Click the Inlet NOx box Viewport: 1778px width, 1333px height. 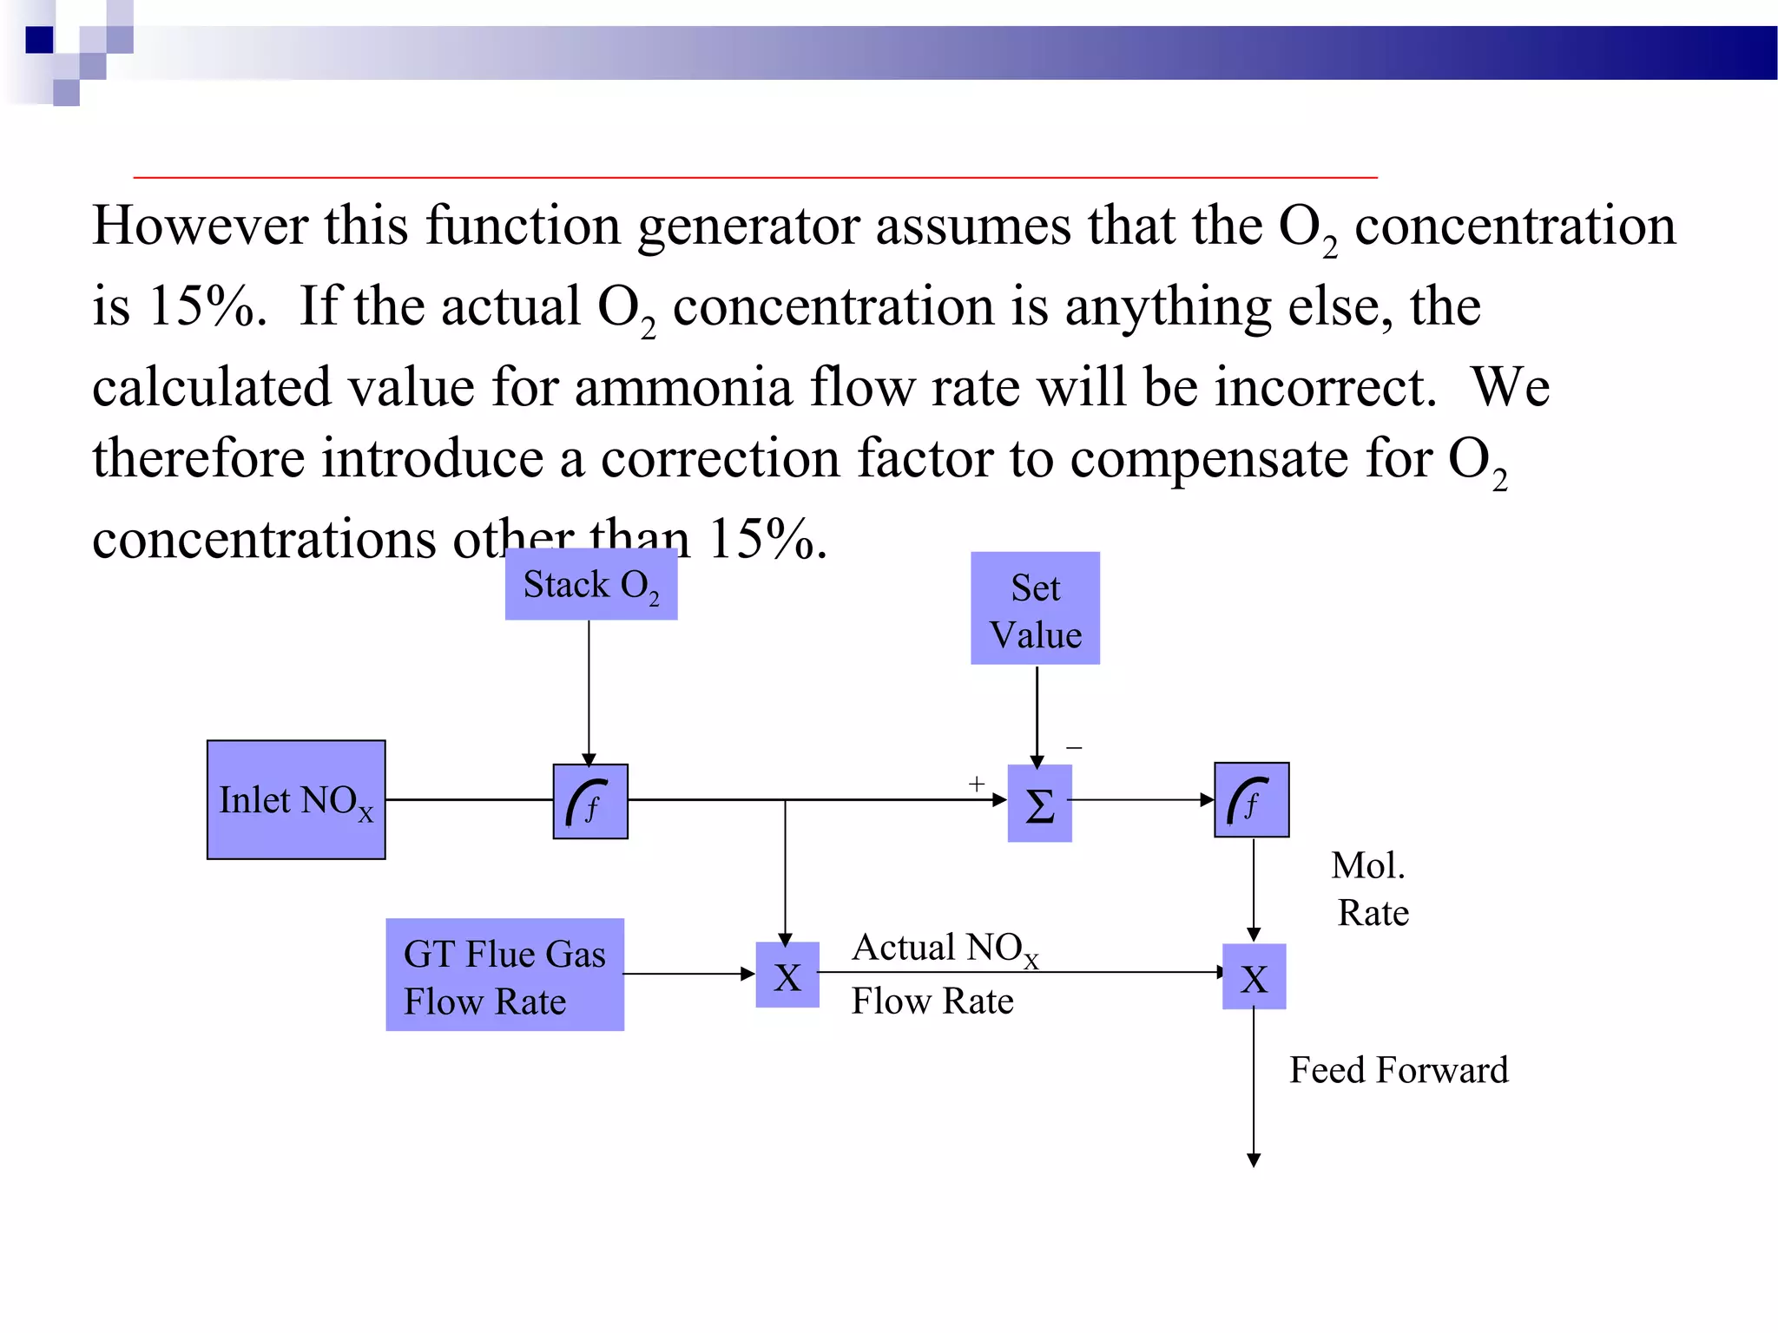(296, 799)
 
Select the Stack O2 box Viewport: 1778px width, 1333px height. (591, 585)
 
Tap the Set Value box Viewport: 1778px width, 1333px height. (1035, 609)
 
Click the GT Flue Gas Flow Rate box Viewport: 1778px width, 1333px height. (504, 975)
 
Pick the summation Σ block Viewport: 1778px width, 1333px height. (1039, 804)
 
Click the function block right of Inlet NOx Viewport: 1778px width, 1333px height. (590, 801)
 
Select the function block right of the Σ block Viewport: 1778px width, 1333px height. (1251, 800)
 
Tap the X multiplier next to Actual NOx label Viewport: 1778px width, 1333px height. (787, 975)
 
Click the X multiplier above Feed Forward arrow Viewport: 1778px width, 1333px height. (1254, 977)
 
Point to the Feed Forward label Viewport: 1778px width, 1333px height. (1399, 1070)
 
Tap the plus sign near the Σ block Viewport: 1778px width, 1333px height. (977, 784)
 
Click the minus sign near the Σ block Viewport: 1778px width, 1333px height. (1074, 747)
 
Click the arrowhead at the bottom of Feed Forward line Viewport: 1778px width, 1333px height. (1254, 1160)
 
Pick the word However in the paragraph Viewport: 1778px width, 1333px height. (199, 226)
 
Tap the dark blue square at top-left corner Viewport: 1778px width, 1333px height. (39, 39)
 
